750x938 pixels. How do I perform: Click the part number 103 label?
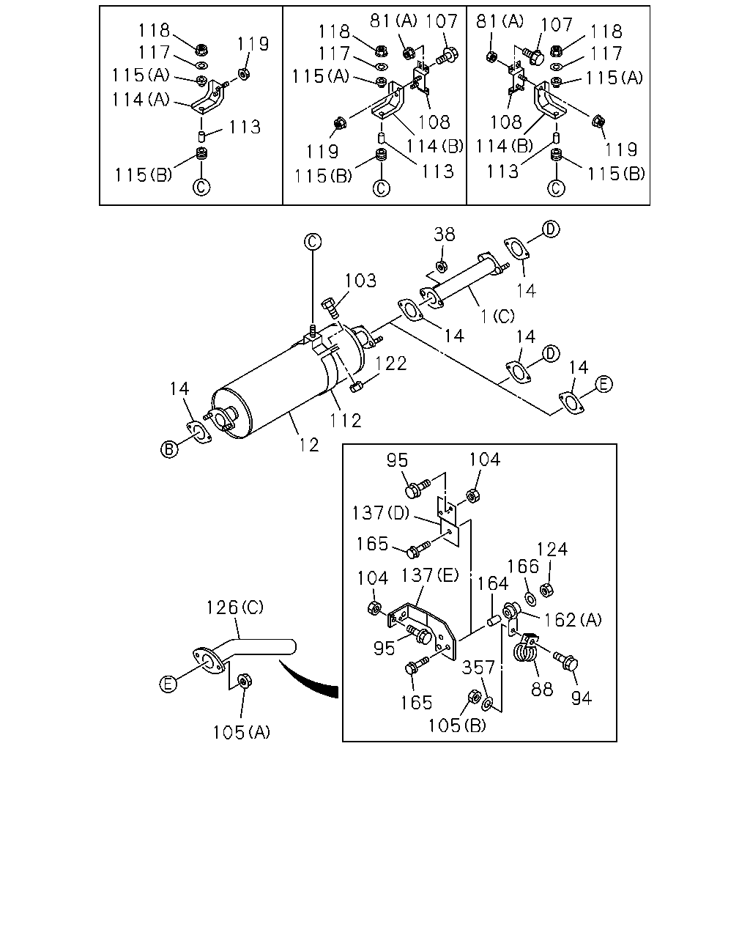(x=361, y=281)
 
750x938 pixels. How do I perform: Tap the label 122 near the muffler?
(x=391, y=363)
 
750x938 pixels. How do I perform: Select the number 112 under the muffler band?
(x=345, y=421)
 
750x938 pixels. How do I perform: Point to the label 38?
(x=445, y=234)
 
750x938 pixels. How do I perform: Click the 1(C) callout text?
(x=497, y=316)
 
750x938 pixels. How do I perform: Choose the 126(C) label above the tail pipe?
(x=235, y=608)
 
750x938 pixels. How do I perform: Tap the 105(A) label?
(x=242, y=732)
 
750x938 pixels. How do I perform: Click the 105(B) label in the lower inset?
(x=457, y=725)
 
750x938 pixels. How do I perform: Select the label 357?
(x=478, y=668)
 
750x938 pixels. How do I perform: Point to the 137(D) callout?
(x=381, y=512)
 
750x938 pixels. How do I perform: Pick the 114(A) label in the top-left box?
(x=141, y=100)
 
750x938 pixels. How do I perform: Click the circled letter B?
(x=169, y=449)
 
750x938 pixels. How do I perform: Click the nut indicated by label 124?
(x=546, y=590)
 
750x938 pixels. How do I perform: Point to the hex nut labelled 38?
(x=442, y=265)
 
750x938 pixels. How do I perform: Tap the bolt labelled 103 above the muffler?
(x=331, y=309)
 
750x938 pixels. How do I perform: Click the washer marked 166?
(x=531, y=599)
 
